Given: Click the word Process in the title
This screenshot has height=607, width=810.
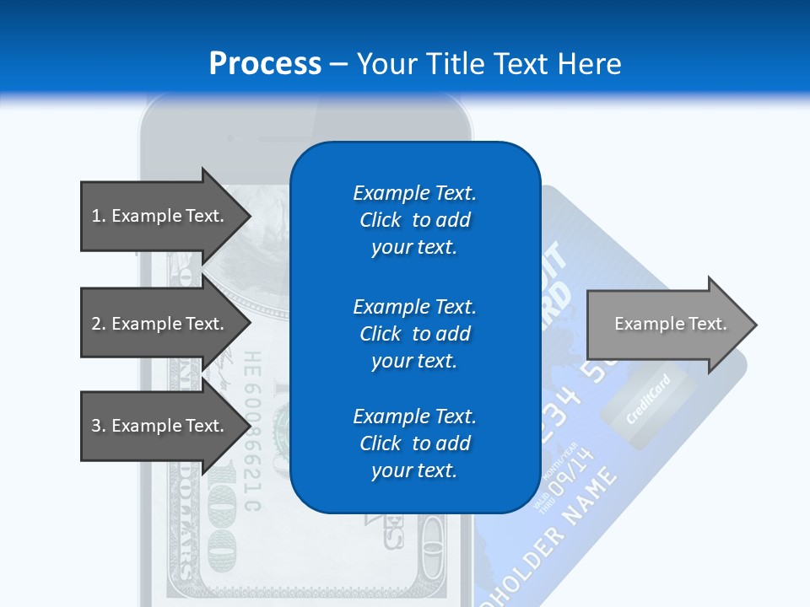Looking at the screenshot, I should coord(265,64).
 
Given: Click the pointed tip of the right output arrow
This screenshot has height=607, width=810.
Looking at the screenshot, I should coord(753,325).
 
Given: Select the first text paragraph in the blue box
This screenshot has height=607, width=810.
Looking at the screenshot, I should coord(414,220).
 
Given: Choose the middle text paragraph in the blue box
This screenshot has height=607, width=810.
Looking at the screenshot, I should coord(414,334).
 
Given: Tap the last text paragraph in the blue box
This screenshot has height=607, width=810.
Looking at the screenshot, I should coord(414,443).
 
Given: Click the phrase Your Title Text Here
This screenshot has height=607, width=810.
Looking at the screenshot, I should coord(489,64).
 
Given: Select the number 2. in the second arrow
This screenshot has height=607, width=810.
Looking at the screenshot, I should coord(99,324).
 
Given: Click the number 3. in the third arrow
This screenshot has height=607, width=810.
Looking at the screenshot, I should coord(99,426).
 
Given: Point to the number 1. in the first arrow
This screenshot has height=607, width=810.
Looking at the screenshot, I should coord(99,216).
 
